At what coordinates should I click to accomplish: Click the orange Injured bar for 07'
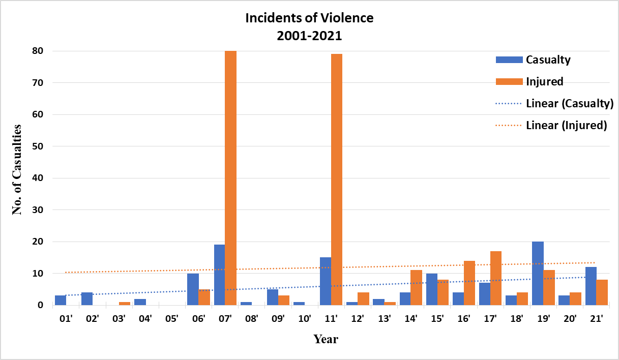pos(230,178)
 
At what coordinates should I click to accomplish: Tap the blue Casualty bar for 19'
pos(537,274)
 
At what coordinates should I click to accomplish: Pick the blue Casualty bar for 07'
pos(219,275)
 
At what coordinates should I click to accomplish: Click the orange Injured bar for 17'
pos(495,278)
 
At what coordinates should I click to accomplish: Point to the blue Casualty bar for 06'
pos(193,289)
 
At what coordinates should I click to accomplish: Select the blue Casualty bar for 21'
pos(590,286)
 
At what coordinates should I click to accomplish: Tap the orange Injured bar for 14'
pos(416,288)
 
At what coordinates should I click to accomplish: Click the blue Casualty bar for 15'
pos(431,289)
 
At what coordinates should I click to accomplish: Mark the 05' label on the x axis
pos(172,319)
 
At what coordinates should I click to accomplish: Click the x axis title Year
pos(326,339)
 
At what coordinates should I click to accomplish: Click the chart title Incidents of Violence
pos(309,18)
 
